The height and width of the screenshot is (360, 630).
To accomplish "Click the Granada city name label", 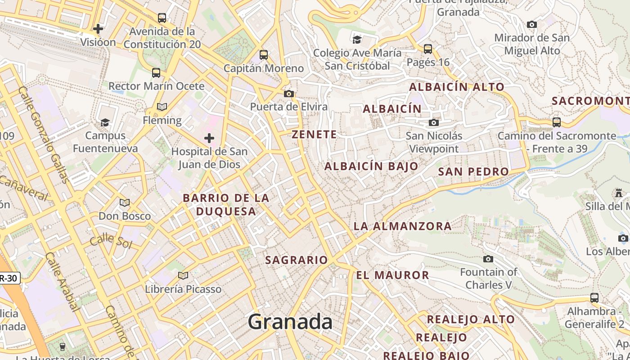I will point(290,322).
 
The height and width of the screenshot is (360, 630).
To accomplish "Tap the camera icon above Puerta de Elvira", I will point(289,94).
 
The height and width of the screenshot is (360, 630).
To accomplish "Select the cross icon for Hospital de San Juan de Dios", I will point(209,138).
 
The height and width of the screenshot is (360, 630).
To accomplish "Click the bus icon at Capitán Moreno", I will point(264,55).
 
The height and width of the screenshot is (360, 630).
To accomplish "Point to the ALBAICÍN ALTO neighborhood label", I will point(457,87).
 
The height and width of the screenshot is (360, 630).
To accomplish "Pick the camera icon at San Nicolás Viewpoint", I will point(434,122).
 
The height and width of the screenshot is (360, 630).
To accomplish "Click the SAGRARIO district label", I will point(297,260).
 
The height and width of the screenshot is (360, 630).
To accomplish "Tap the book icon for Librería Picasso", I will point(183,275).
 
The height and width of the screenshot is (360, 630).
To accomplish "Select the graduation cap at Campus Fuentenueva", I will point(105,122).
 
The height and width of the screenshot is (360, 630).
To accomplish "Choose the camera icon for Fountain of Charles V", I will point(488,259).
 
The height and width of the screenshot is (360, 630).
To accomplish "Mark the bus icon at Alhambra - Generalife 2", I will point(594,297).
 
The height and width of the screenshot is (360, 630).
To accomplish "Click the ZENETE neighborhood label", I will point(314,135).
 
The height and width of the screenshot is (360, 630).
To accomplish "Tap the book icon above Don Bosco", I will point(125,203).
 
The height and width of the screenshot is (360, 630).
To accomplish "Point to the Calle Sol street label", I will point(111,241).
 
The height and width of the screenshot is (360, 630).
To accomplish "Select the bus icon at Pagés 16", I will point(428,49).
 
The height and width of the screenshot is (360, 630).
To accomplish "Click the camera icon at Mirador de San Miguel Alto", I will point(532,24).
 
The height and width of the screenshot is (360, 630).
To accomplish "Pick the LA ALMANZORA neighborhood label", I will point(403,226).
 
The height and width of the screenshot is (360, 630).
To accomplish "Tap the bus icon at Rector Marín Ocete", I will point(156,72).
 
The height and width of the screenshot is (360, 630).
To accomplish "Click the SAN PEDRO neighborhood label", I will point(473,171).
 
